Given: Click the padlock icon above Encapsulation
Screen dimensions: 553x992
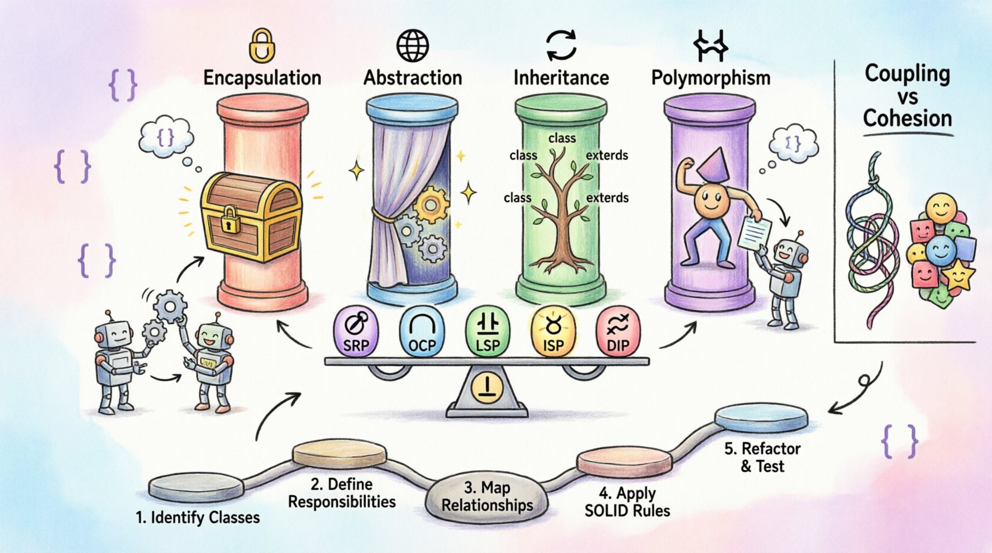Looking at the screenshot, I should click(x=262, y=46).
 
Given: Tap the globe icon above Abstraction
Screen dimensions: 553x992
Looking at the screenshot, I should click(x=413, y=45).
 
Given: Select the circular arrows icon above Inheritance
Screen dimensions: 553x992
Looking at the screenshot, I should click(x=562, y=45).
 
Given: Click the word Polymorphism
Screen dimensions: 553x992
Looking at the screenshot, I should click(x=711, y=78).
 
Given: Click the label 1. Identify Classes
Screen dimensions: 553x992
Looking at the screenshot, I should click(x=198, y=517).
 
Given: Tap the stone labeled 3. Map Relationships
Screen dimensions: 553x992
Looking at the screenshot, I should click(x=487, y=496).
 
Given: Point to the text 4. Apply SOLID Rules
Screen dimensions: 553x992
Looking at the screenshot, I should click(x=627, y=502).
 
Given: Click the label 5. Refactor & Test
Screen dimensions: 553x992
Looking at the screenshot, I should click(x=762, y=457).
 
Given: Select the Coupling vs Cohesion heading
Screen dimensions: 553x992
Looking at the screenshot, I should click(x=907, y=97).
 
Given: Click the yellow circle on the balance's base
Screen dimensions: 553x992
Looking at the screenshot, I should click(x=487, y=388).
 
